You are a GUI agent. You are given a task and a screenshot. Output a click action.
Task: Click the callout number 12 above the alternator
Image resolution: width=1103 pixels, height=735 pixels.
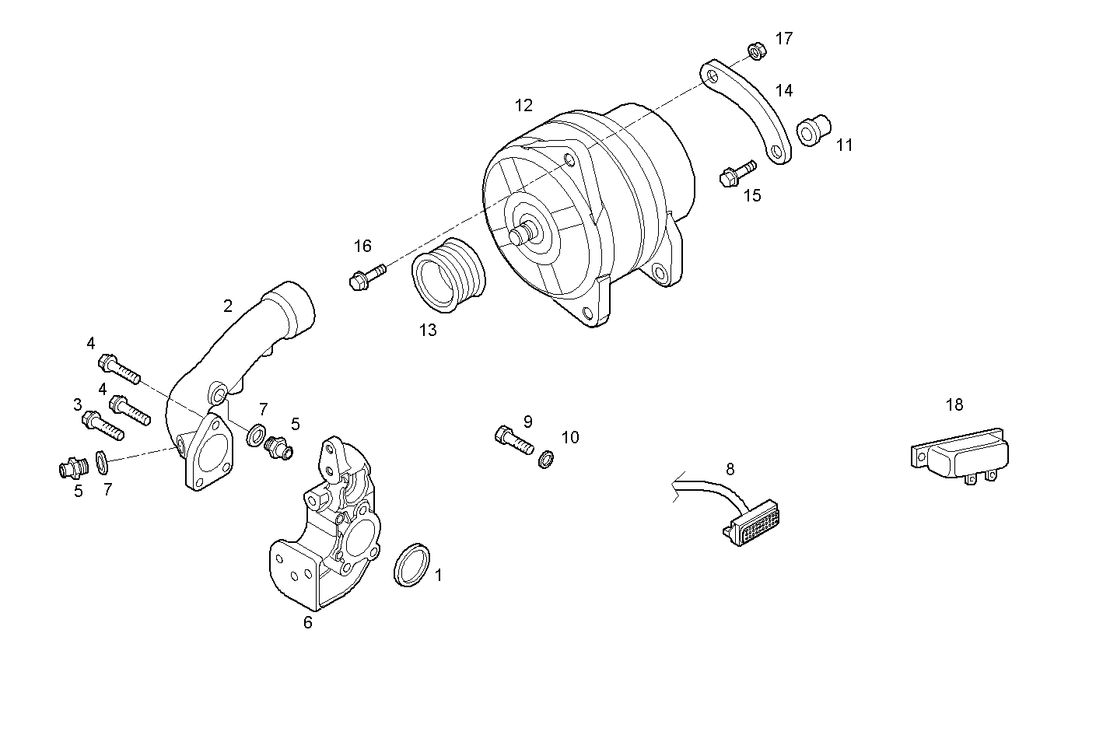click(x=523, y=105)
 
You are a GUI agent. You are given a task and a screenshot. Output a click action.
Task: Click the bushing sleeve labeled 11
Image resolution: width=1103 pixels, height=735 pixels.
click(x=814, y=131)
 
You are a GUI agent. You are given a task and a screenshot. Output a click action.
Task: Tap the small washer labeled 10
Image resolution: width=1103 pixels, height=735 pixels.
click(x=547, y=460)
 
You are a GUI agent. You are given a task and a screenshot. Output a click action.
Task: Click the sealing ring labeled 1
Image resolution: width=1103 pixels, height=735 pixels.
click(x=412, y=565)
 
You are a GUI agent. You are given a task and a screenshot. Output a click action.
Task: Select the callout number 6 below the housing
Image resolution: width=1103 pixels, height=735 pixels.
click(x=308, y=622)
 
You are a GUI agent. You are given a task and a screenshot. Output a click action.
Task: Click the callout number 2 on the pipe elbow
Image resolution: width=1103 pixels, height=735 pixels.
click(x=227, y=306)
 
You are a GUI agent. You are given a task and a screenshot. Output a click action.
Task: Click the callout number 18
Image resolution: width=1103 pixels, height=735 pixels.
click(x=954, y=404)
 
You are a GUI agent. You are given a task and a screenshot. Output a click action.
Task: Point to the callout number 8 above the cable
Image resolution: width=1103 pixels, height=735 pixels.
click(x=730, y=469)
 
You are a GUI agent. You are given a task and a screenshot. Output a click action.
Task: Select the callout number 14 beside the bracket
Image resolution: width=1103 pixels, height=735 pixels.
click(x=783, y=91)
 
